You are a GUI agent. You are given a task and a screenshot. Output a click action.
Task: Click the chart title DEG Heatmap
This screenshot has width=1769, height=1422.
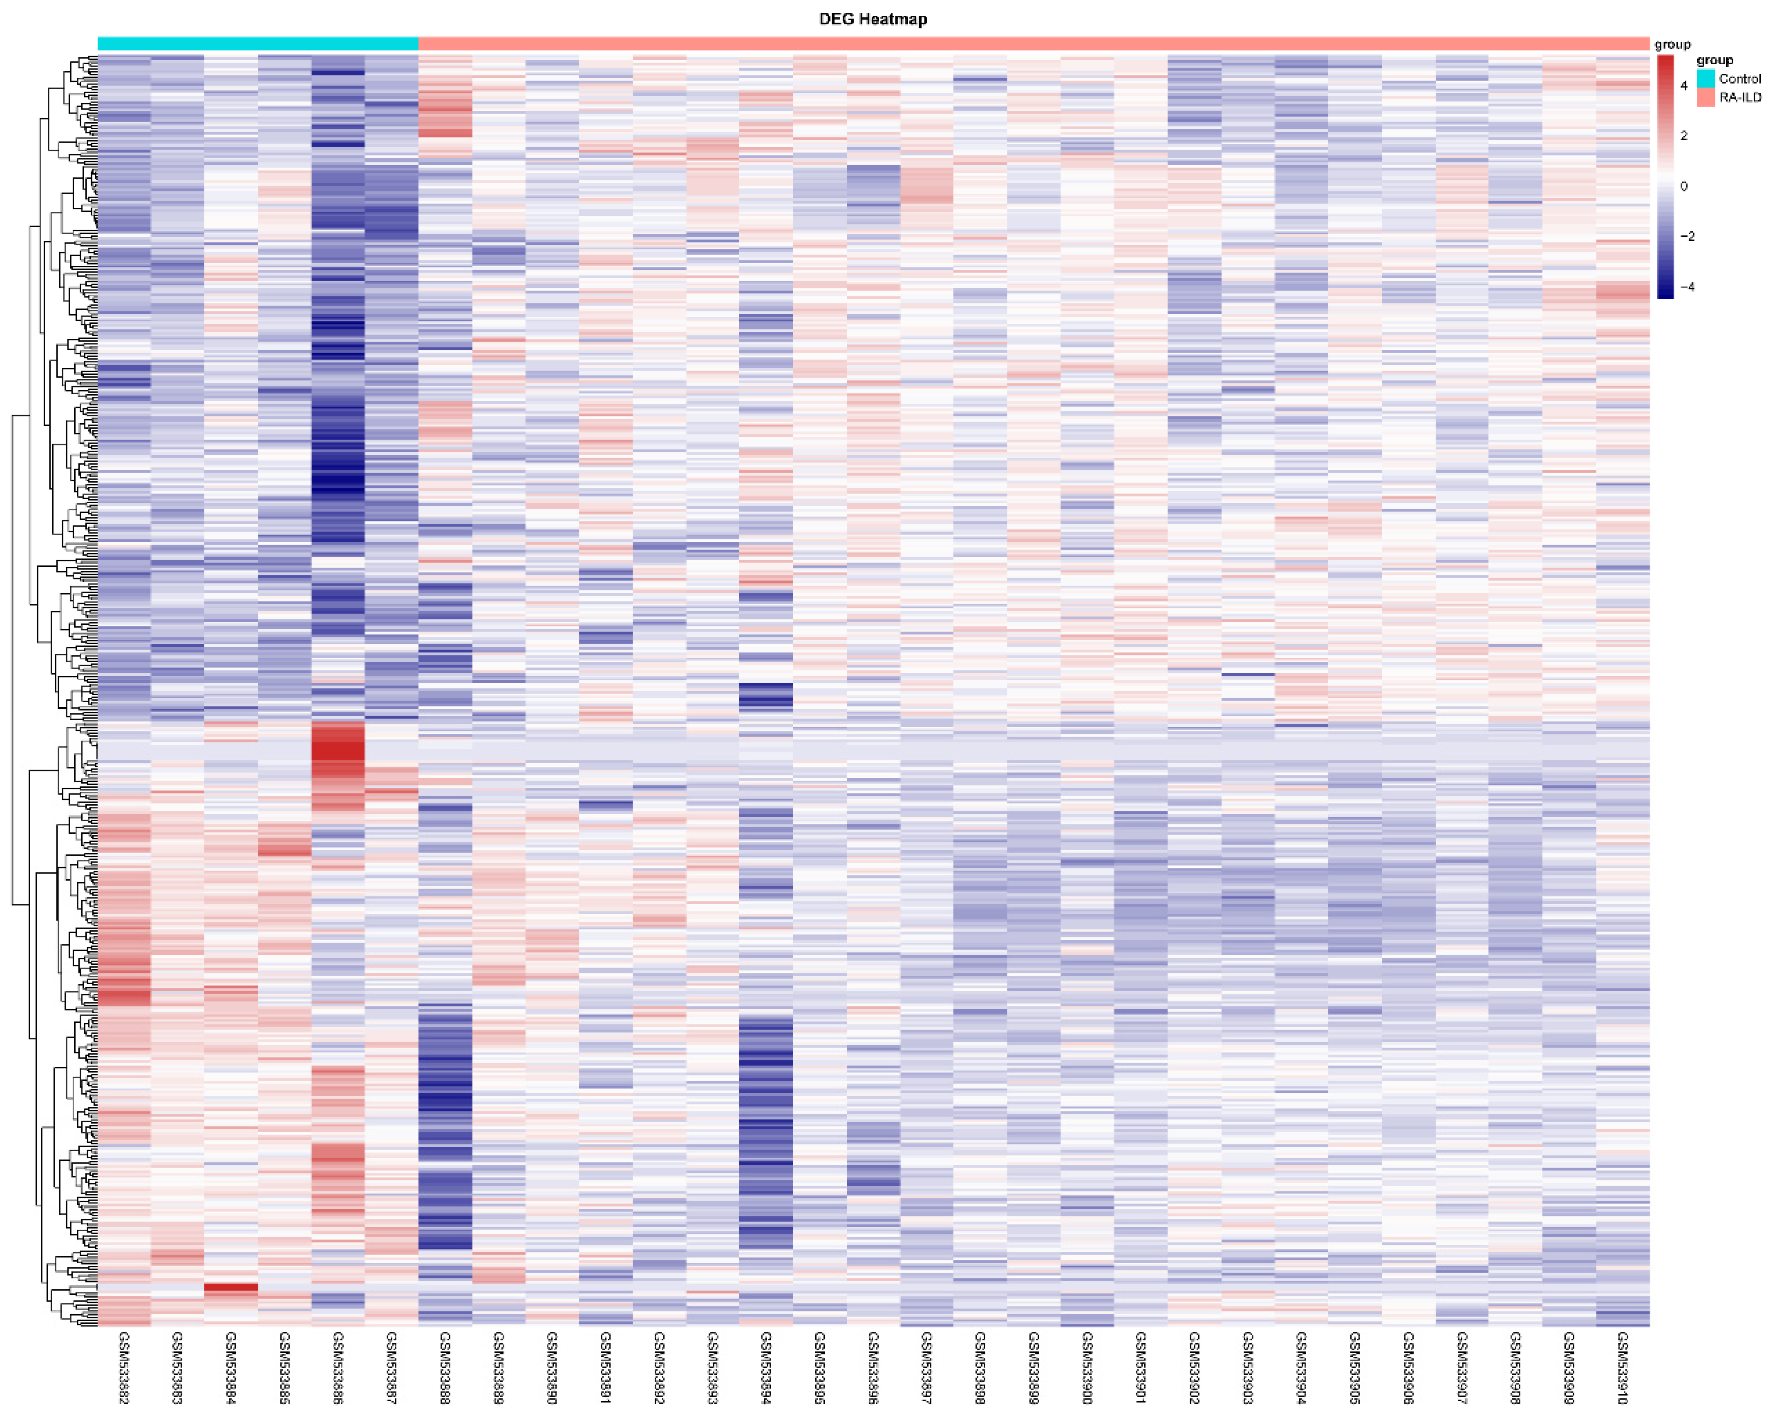coord(873,19)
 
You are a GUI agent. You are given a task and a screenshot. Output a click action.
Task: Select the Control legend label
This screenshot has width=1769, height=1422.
coord(1740,79)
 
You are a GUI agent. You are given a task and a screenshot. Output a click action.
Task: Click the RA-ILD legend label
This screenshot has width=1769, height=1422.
coord(1740,97)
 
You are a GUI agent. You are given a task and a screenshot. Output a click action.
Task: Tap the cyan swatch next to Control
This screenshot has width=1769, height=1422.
coord(1706,79)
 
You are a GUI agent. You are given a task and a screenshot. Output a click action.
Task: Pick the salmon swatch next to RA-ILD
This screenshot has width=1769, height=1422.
coord(1706,97)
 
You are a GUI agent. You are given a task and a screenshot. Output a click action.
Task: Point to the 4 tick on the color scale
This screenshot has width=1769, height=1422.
coord(1684,85)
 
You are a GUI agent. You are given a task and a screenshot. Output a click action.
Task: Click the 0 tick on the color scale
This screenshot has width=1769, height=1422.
coord(1684,186)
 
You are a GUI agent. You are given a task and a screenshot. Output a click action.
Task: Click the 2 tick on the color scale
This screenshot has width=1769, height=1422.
coord(1684,136)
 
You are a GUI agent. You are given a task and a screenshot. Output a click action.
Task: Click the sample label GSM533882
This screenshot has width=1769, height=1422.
coord(124,1368)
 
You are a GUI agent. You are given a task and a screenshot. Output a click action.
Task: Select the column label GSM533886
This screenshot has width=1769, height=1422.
coord(338,1368)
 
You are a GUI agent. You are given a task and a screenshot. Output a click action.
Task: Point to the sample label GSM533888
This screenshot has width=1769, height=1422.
coord(445,1368)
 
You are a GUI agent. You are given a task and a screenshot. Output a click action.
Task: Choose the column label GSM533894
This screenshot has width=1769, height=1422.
coord(765,1368)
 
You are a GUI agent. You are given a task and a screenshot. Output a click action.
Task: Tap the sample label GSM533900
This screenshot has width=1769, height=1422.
coord(1087,1368)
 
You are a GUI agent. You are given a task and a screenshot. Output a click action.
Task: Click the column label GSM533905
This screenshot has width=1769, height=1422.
coord(1355,1368)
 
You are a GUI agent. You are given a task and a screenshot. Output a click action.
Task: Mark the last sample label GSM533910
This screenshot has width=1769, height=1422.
coord(1622,1368)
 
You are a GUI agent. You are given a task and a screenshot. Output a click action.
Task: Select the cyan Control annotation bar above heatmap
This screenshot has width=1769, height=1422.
coord(258,44)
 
